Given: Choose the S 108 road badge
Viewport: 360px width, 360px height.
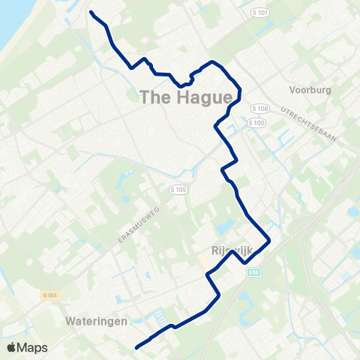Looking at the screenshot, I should (x=259, y=109).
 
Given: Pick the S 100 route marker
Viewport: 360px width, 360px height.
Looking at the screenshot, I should (x=256, y=122).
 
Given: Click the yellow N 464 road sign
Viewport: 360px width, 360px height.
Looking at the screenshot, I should (x=50, y=296).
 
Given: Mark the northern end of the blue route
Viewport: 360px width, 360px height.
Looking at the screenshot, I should (x=91, y=12).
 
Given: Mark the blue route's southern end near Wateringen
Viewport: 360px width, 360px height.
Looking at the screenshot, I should (x=136, y=347).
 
